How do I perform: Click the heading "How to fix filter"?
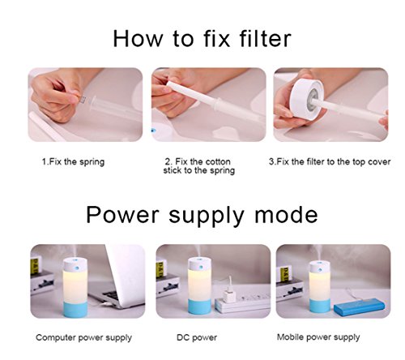[202, 39]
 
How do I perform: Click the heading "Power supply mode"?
[202, 216]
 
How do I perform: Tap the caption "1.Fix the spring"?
[73, 162]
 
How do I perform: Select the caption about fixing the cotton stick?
[198, 166]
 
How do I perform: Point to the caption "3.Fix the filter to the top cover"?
[330, 161]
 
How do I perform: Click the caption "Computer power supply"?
[83, 338]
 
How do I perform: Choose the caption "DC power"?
[197, 337]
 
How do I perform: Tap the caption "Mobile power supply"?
[318, 337]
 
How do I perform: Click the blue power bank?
[358, 307]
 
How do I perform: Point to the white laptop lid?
[126, 273]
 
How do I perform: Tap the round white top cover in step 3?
[306, 96]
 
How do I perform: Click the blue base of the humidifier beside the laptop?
[75, 310]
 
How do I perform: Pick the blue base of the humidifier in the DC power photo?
[199, 306]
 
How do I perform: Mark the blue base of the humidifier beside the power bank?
[320, 306]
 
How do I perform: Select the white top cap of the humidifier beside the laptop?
[75, 265]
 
